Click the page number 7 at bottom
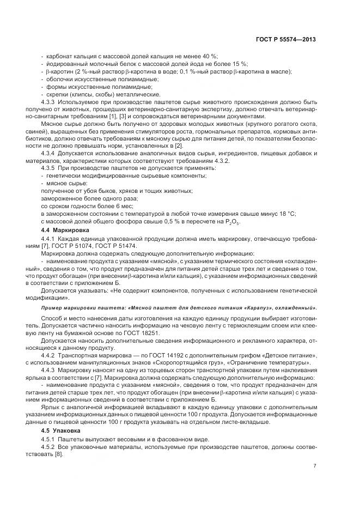(315, 465)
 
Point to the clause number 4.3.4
(50, 153)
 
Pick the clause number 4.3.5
(50, 168)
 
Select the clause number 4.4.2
(50, 355)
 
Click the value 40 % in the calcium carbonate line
(209, 56)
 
